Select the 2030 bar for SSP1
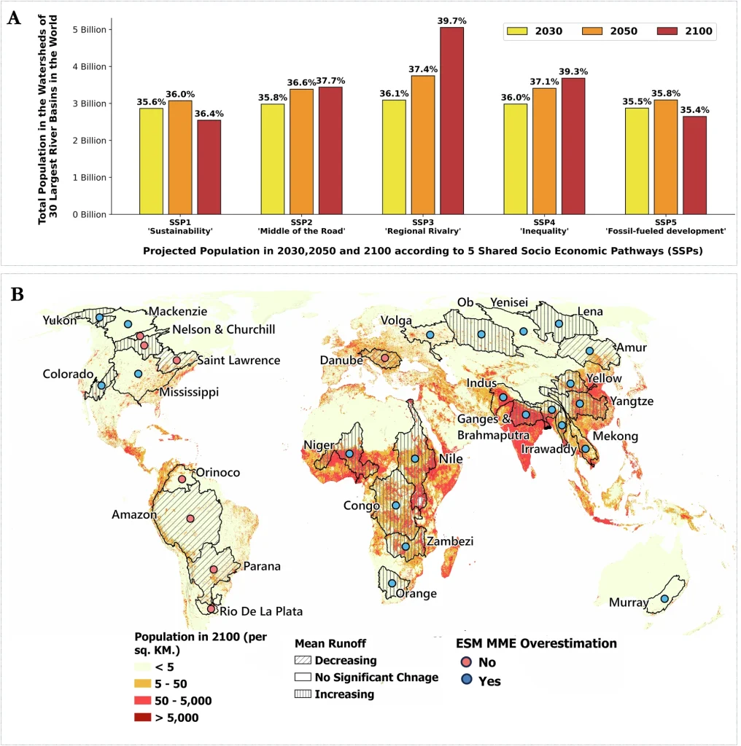(151, 161)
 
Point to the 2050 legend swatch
(594, 31)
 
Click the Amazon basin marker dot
(190, 519)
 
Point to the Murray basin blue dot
(664, 599)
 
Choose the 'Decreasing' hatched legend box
(303, 661)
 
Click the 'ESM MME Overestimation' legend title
(536, 643)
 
